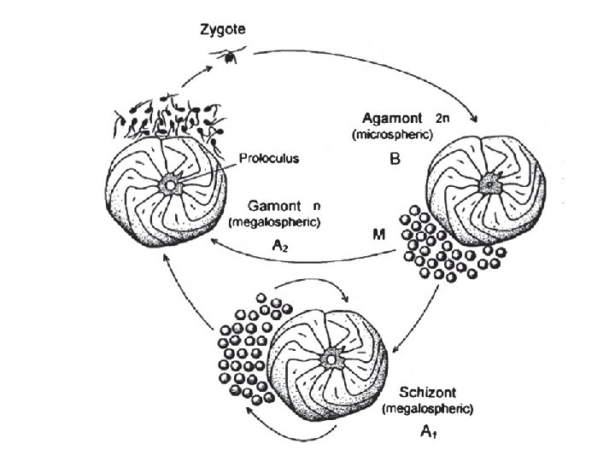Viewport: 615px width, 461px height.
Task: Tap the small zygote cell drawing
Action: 230,56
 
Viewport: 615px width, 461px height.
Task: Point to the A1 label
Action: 428,432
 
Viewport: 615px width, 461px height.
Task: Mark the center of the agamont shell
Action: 489,183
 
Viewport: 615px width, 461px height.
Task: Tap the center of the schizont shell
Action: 330,360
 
